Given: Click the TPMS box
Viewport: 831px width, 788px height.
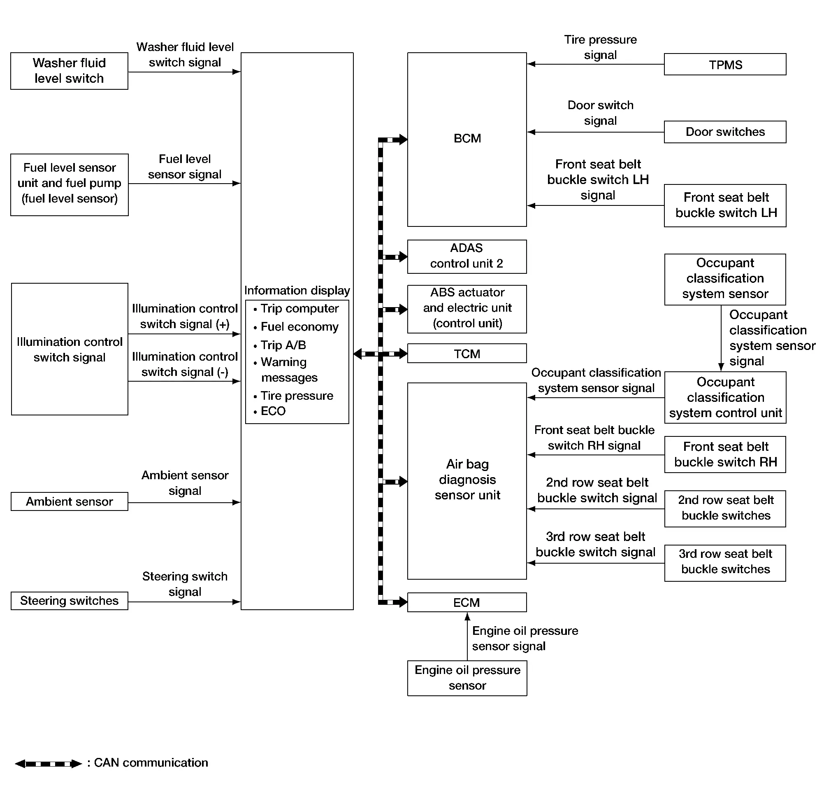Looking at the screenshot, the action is tap(725, 64).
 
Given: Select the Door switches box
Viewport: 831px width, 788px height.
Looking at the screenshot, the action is tap(725, 132).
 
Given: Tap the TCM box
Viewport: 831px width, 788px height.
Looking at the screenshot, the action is tap(467, 353).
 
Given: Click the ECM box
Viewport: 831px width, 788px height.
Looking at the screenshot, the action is tap(467, 602).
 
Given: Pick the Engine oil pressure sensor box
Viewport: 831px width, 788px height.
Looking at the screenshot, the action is tap(467, 678).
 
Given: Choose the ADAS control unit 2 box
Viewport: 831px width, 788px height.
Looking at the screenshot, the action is tap(467, 256).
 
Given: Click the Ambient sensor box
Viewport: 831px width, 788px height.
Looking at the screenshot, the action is tap(69, 501).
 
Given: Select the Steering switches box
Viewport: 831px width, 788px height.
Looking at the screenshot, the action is tap(69, 601).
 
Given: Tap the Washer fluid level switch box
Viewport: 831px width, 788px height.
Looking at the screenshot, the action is tap(69, 71).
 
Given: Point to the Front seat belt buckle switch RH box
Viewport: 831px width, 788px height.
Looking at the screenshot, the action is tap(725, 455).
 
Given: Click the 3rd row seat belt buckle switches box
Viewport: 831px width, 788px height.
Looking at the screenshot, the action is tap(725, 563).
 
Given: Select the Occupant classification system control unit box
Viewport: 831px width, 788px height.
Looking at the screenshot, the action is tap(725, 397).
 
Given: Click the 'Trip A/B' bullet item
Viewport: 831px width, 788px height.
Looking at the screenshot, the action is tap(280, 345).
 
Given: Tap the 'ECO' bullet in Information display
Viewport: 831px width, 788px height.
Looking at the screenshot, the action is tap(269, 411).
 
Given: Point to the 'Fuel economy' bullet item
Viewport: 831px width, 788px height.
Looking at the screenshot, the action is tap(296, 326).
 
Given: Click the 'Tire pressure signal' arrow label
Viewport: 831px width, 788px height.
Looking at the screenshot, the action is tap(600, 47).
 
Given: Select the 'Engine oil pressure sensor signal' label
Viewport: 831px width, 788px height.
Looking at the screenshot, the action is tap(525, 638).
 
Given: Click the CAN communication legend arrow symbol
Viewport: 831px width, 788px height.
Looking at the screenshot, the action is tap(48, 763).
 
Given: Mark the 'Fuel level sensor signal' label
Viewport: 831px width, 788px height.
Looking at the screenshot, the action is tap(185, 166).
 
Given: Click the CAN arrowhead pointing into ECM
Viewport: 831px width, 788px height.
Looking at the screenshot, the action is tap(403, 602).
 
